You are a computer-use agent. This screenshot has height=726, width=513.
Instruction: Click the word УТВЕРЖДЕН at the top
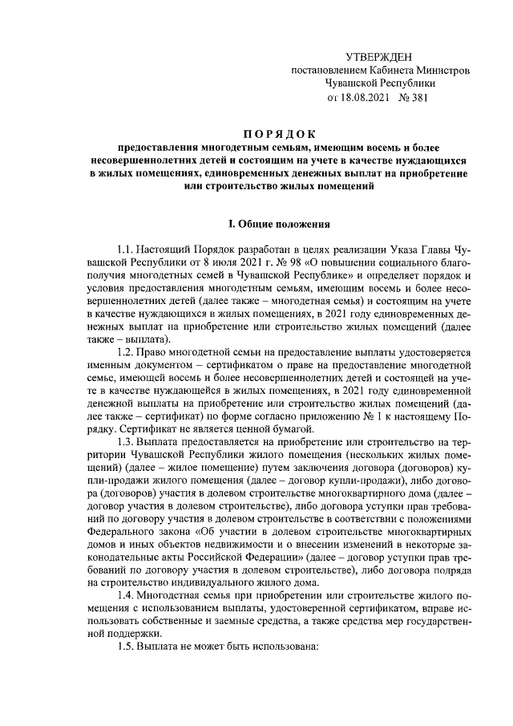coord(379,56)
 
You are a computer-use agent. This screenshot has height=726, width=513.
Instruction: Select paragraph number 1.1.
coord(127,249)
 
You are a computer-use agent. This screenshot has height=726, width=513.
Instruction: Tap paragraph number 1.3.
coord(127,444)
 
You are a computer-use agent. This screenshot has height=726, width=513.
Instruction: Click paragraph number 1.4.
coord(127,594)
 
